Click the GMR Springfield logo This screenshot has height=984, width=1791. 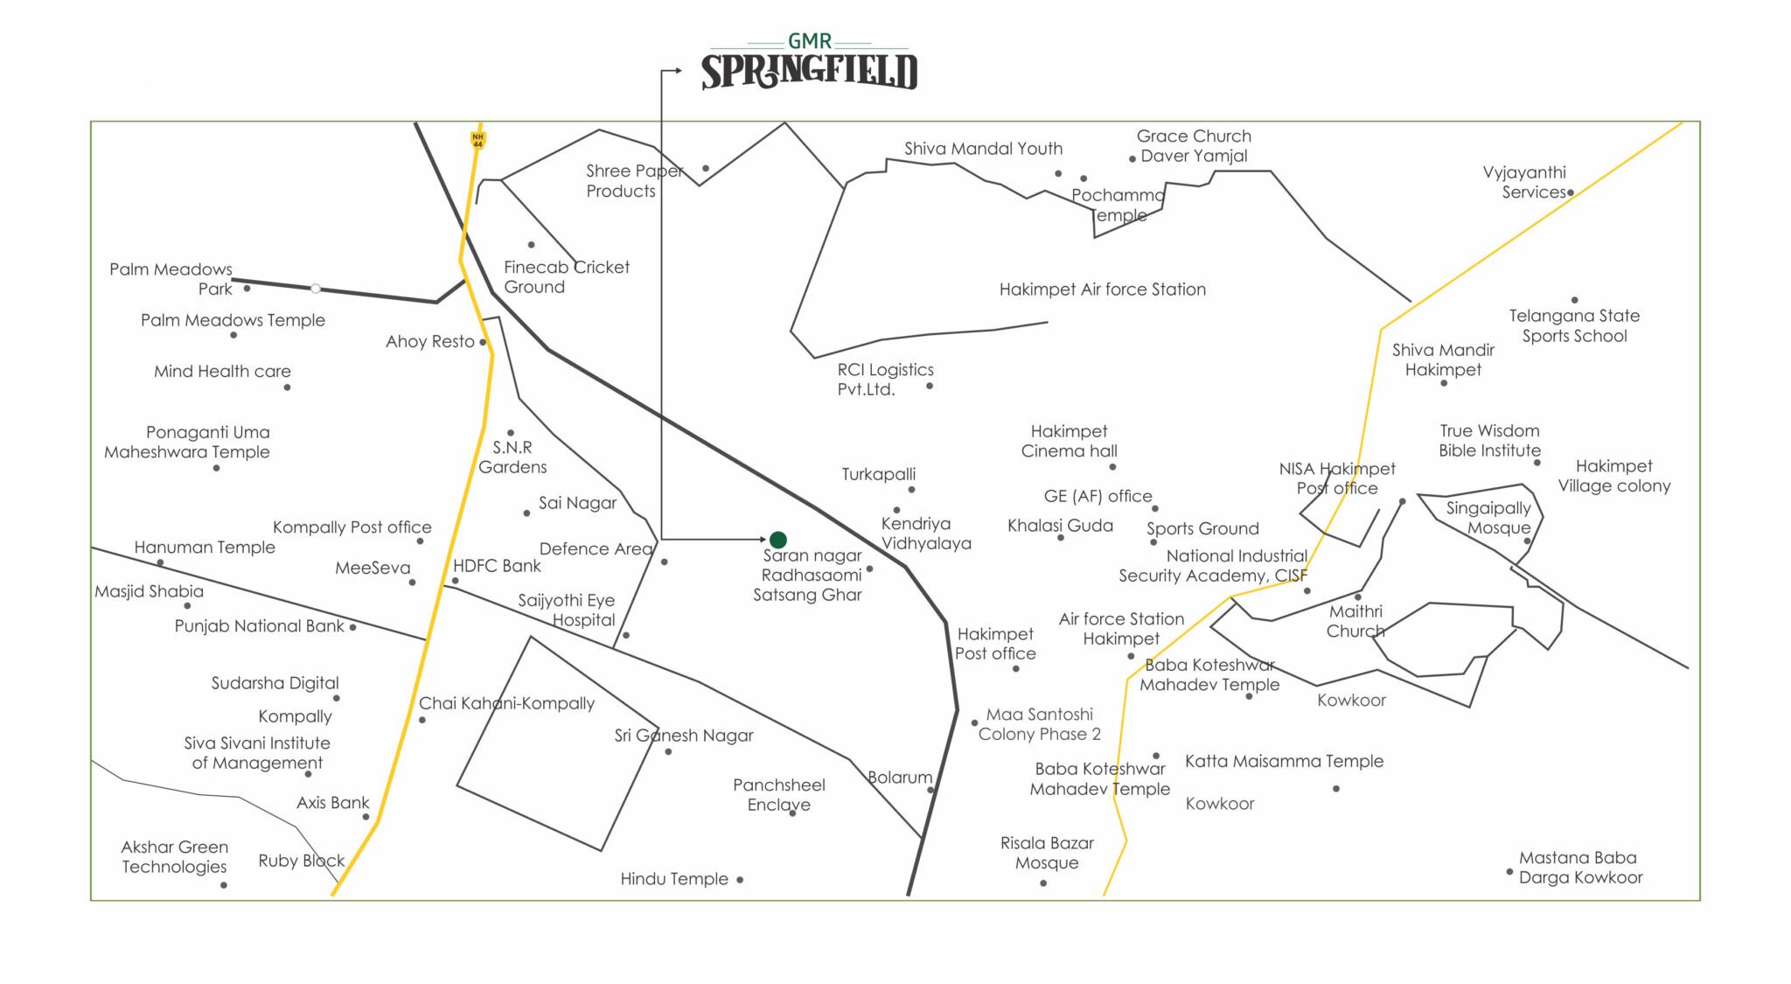tap(809, 63)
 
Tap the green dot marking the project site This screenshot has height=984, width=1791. tap(777, 540)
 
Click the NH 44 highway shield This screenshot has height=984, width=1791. tap(477, 139)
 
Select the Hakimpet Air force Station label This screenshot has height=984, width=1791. tap(1102, 290)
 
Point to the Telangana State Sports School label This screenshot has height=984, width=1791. tap(1574, 325)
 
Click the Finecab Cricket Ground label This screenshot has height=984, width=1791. tap(566, 276)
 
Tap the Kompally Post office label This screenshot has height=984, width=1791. tap(352, 527)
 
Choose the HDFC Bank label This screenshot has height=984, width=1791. tap(497, 566)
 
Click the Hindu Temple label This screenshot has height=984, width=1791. tap(673, 879)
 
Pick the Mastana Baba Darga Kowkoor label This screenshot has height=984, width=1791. tap(1580, 868)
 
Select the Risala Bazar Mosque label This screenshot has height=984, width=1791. tap(1047, 853)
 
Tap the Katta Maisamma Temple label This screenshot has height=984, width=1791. tap(1284, 761)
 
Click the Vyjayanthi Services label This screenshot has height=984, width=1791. tap(1524, 182)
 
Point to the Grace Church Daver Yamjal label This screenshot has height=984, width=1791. tap(1194, 146)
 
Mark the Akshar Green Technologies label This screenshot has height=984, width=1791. tap(175, 857)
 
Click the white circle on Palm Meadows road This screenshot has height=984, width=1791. tap(316, 288)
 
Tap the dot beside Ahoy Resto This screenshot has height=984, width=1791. tap(483, 342)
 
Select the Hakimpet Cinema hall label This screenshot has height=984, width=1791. tap(1069, 441)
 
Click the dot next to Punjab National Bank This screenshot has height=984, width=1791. tap(352, 627)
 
